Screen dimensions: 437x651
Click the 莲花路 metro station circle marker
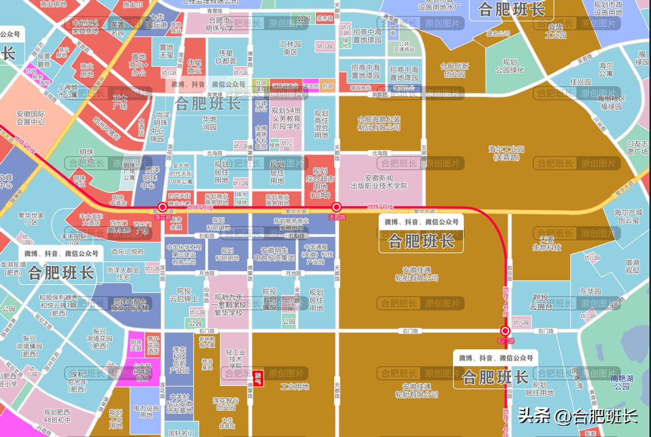162,207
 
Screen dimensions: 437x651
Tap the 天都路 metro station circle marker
336,207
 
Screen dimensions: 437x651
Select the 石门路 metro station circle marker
505,331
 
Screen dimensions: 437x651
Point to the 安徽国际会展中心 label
30,118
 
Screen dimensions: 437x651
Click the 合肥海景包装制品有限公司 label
379,123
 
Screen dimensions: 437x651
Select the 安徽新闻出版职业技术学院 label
386,182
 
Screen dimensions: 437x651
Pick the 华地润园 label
209,123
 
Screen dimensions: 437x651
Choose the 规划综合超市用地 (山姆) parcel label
320,183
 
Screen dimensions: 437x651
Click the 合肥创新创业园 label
455,70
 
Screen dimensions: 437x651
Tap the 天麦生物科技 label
546,243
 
